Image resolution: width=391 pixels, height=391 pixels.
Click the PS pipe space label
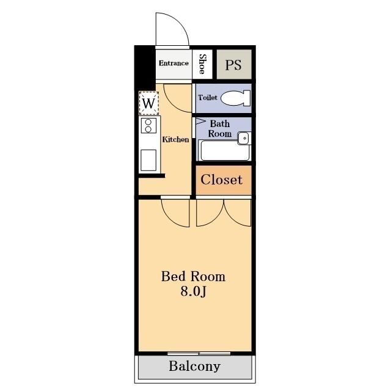(x=233, y=65)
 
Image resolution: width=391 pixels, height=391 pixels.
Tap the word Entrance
(x=174, y=63)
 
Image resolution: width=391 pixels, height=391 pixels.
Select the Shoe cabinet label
(x=202, y=64)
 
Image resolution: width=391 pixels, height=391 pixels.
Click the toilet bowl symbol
(x=236, y=98)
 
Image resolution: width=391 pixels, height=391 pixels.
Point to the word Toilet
(x=208, y=97)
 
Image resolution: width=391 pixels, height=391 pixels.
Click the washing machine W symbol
(x=148, y=103)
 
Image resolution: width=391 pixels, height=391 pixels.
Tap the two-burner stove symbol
(x=148, y=125)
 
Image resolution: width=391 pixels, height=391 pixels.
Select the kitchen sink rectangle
(x=148, y=160)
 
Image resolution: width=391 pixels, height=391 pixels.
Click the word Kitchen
(x=175, y=139)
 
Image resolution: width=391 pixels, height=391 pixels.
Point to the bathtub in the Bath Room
(x=225, y=150)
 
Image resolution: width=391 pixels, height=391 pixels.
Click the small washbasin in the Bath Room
(x=244, y=138)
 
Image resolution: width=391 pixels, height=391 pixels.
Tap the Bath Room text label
(x=220, y=129)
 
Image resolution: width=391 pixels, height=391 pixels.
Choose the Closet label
(x=221, y=180)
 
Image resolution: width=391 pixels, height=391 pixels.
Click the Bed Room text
(x=193, y=276)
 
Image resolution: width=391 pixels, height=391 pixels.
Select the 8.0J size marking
(x=193, y=291)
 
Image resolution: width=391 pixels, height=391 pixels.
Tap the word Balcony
(x=195, y=367)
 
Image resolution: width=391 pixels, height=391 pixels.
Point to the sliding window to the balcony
(x=199, y=353)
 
